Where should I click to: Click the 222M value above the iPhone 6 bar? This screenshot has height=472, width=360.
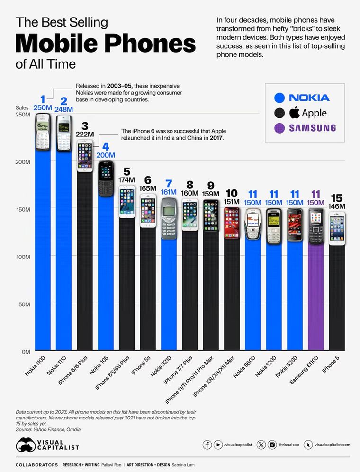[x=85, y=134]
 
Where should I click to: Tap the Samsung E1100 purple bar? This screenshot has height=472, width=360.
[x=316, y=294]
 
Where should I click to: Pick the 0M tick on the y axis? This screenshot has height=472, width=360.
[x=25, y=351]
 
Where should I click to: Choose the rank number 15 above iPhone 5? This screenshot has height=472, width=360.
[x=337, y=198]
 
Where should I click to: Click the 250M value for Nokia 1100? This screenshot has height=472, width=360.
[x=42, y=108]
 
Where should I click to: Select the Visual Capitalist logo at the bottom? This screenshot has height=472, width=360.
[x=47, y=445]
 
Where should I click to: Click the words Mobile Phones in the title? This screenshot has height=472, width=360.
[x=105, y=44]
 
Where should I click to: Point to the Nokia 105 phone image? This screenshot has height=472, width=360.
[x=106, y=178]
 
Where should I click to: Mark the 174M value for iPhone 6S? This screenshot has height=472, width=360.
[x=126, y=180]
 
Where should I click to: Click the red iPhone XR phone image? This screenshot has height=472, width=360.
[x=232, y=222]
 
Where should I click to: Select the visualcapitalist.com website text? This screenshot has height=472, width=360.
[x=332, y=445]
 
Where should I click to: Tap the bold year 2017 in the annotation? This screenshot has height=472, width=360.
[x=216, y=138]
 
